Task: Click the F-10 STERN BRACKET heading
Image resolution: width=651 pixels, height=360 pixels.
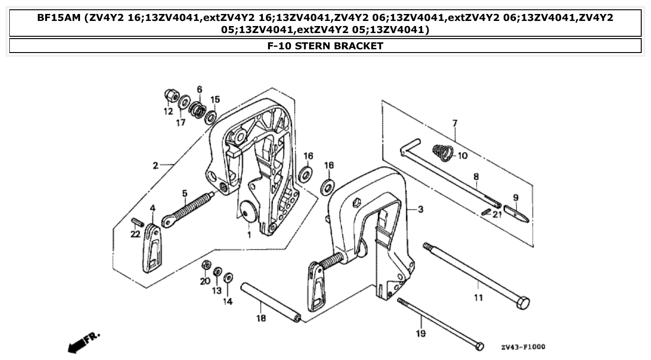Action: pyautogui.click(x=325, y=46)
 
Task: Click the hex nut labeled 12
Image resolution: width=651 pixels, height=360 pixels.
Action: pyautogui.click(x=171, y=96)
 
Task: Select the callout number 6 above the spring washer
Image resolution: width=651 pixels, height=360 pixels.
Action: pyautogui.click(x=199, y=89)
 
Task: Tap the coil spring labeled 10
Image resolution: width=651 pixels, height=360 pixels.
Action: pyautogui.click(x=442, y=153)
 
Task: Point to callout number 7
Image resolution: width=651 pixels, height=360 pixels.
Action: pyautogui.click(x=455, y=123)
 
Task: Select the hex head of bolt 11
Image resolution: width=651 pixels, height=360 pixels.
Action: pyautogui.click(x=523, y=304)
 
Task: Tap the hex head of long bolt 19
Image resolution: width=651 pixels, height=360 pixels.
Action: pyautogui.click(x=479, y=346)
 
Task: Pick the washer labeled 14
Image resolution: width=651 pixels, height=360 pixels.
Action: pyautogui.click(x=228, y=278)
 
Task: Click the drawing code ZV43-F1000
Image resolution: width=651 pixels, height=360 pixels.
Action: pyautogui.click(x=523, y=347)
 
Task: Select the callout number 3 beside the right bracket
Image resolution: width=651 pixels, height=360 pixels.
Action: pyautogui.click(x=420, y=210)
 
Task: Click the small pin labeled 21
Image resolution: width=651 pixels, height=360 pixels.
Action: pyautogui.click(x=485, y=212)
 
